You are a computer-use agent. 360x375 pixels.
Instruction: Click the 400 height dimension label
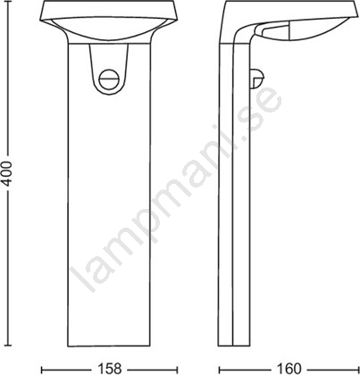coord(6,173)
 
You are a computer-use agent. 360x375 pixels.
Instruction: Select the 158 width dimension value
coord(109,369)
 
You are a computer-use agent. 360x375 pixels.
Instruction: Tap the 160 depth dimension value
coord(289,369)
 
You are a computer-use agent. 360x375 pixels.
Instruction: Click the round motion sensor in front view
coord(108,79)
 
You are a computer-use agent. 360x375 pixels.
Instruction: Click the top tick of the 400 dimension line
coord(7,2)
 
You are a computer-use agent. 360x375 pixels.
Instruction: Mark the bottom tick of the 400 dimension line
coord(7,346)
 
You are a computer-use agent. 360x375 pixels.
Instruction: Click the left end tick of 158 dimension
coord(42,369)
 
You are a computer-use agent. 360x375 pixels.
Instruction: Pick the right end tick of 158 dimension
coord(178,369)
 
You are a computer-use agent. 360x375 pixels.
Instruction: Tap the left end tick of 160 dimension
coord(220,369)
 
